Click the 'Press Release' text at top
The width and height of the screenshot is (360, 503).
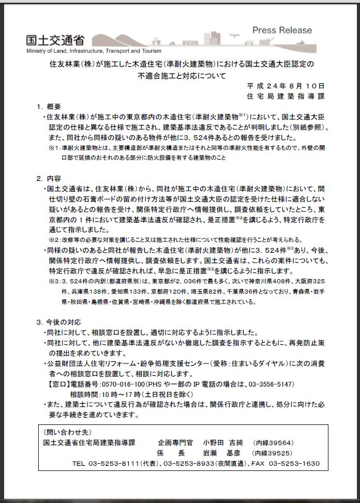tap(282, 31)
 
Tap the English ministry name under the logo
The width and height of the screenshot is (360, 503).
tap(94, 51)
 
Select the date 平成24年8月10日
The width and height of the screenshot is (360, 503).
tap(286, 86)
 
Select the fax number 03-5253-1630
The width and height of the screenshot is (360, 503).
tap(294, 463)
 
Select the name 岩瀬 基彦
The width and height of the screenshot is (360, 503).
tap(222, 453)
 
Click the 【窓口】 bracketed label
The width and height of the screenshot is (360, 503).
tap(54, 384)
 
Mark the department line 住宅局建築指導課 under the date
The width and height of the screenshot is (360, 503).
tap(286, 96)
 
